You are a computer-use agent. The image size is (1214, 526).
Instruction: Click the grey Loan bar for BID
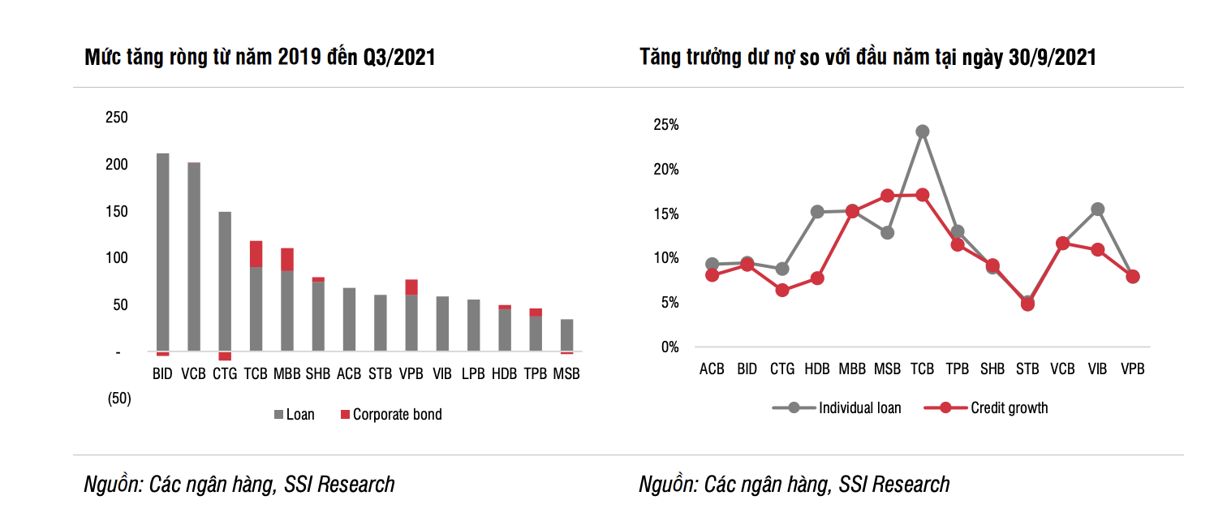[x=162, y=252]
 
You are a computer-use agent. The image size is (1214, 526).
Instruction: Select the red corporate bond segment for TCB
[x=256, y=253]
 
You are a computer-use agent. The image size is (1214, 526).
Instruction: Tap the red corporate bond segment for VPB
[x=411, y=287]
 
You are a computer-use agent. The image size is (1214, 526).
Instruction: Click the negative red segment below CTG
[x=225, y=356]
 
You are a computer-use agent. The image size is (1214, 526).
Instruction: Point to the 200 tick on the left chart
[x=118, y=165]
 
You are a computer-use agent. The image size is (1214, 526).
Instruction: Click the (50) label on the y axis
[x=119, y=399]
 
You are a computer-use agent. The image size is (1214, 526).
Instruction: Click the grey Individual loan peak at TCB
[x=922, y=131]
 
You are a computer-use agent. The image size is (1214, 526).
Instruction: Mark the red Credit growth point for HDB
[x=817, y=278]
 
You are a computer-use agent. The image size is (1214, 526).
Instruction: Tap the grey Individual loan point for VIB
[x=1097, y=209]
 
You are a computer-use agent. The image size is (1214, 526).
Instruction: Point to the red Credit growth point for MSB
[x=887, y=196]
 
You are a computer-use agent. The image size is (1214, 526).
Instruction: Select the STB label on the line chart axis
[x=1027, y=369]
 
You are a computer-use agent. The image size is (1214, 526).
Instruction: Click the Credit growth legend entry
[x=1009, y=408]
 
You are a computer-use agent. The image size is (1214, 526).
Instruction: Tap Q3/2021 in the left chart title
[x=397, y=58]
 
